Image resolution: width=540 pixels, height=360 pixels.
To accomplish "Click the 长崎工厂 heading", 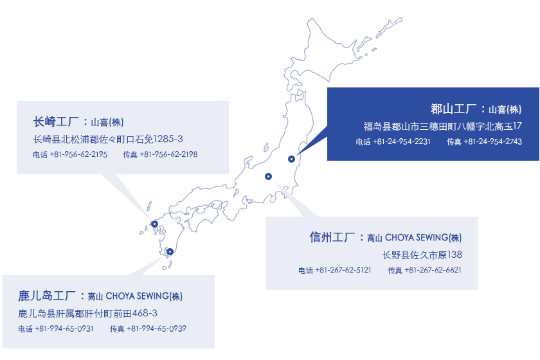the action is (x=56, y=122).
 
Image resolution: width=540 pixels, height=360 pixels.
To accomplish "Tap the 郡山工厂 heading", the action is (x=454, y=109).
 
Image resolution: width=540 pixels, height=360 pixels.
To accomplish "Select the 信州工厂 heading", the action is (x=332, y=237).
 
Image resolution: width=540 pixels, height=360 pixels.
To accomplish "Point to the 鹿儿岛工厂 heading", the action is (x=47, y=296).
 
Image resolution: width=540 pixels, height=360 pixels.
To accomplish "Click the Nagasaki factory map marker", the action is (x=155, y=224).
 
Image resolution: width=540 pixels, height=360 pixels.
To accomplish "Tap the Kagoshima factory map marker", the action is (x=170, y=251).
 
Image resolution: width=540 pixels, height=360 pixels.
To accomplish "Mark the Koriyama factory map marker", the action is (x=291, y=159).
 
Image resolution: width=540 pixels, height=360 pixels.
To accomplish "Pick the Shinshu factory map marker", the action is (x=268, y=176).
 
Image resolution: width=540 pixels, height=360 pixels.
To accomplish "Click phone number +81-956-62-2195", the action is (x=78, y=154).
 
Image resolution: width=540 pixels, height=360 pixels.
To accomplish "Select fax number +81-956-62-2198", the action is (x=168, y=154).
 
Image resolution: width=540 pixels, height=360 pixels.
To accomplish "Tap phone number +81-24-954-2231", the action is (x=402, y=141).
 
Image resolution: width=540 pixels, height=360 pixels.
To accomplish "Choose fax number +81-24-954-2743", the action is (x=493, y=141).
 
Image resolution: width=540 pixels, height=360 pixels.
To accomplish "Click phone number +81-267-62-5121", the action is (x=343, y=270).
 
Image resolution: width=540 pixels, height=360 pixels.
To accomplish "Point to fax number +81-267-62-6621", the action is (x=433, y=270).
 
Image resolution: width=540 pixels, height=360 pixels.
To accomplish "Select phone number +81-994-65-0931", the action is (x=64, y=328).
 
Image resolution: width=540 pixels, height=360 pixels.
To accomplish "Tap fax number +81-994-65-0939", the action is (x=157, y=328).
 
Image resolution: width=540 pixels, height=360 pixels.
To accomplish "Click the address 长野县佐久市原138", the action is (x=422, y=255).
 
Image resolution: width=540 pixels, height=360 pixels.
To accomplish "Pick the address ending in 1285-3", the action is (x=108, y=139).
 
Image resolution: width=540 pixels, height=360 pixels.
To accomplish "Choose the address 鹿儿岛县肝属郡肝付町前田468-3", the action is (x=88, y=314).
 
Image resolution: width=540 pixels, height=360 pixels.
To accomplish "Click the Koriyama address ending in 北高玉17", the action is (x=442, y=127).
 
